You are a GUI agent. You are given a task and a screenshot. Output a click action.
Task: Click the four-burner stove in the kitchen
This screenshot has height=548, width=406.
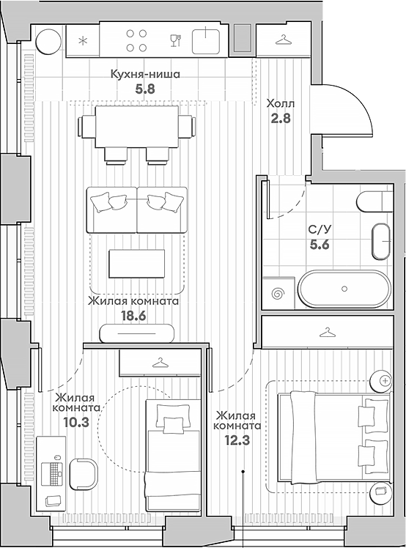(136, 40)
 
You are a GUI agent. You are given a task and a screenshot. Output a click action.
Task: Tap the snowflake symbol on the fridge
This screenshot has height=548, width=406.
(82, 40)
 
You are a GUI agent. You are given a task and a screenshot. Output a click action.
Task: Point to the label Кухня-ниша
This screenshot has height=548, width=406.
(144, 74)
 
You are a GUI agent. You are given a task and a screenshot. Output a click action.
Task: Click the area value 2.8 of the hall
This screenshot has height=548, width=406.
(281, 118)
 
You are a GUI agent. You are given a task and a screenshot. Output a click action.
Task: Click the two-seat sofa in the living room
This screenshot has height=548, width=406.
(137, 210)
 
